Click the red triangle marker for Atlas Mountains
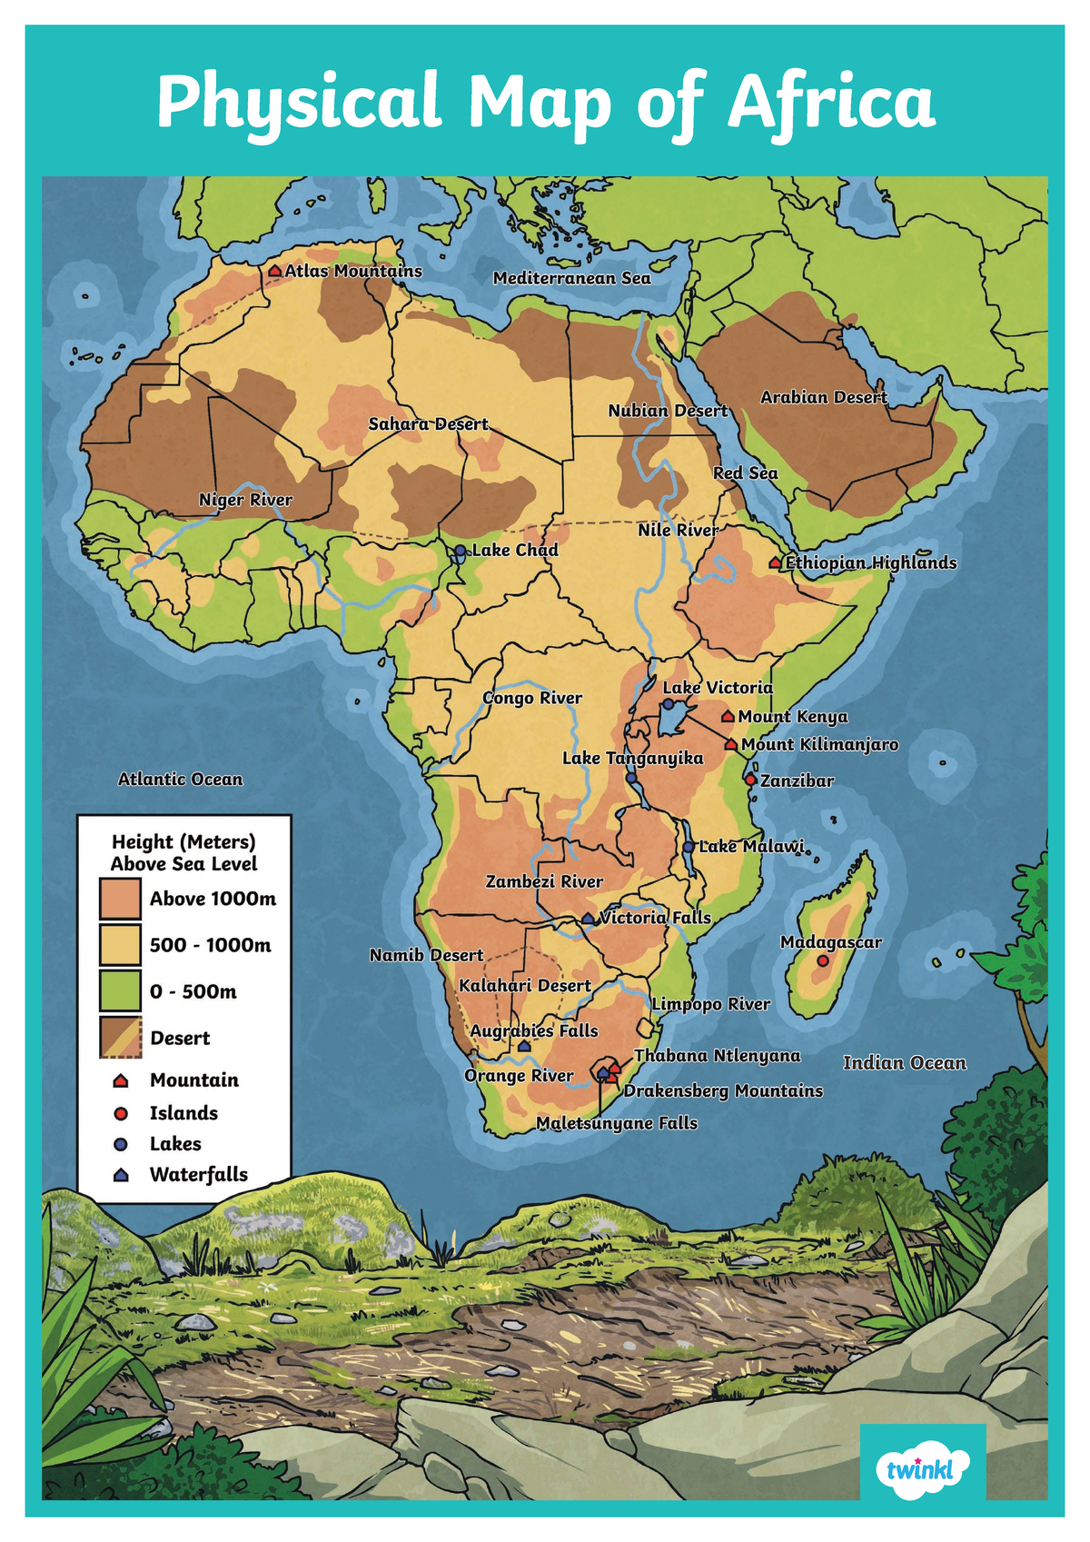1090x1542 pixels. pos(275,271)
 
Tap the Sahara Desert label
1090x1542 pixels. pos(428,424)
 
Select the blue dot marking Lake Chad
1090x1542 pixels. pos(461,551)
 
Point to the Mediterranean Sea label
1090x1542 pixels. pos(571,278)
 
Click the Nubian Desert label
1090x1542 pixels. pos(668,411)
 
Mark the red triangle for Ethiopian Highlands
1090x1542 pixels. pos(775,563)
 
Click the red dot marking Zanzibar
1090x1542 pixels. pos(750,780)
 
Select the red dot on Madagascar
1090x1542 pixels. pos(823,960)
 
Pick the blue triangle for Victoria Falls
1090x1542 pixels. pos(588,919)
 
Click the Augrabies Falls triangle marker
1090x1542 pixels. pos(524,1047)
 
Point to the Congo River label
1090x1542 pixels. pos(532,698)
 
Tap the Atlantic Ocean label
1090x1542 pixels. pos(181,779)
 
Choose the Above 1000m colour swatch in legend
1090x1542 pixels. pos(120,899)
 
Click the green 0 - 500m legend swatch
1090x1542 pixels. pos(120,991)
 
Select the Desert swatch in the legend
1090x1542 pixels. pos(120,1038)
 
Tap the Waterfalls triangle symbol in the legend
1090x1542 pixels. pos(121,1175)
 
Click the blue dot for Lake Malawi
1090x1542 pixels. pos(689,847)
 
